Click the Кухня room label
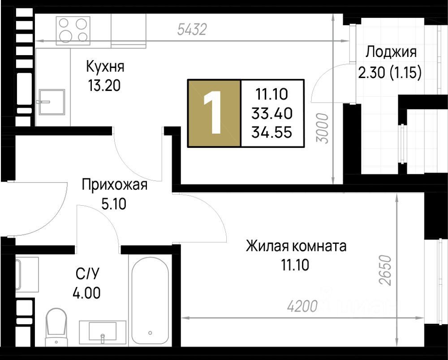tap(105, 67)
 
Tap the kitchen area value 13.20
tap(104, 86)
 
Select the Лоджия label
tap(391, 52)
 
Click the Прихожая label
tap(115, 185)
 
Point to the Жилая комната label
tap(296, 246)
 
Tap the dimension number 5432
tap(192, 30)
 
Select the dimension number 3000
tap(323, 128)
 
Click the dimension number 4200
tap(302, 306)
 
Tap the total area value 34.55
tap(272, 132)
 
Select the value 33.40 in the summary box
tap(272, 113)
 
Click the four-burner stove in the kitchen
tap(73, 30)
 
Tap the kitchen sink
tap(52, 102)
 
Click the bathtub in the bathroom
tap(150, 301)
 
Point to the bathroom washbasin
tap(103, 332)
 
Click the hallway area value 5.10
tap(114, 204)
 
